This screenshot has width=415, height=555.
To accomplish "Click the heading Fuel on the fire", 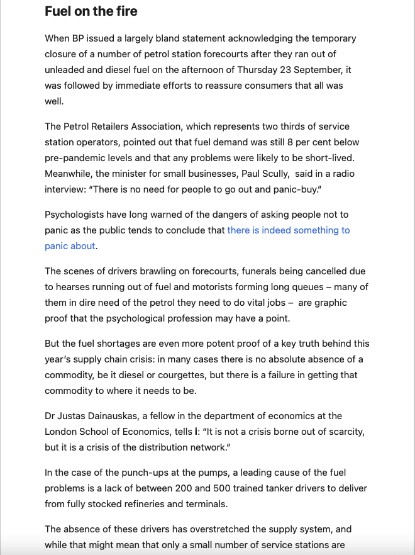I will click(x=91, y=12).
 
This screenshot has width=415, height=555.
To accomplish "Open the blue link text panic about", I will click(x=70, y=246).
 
